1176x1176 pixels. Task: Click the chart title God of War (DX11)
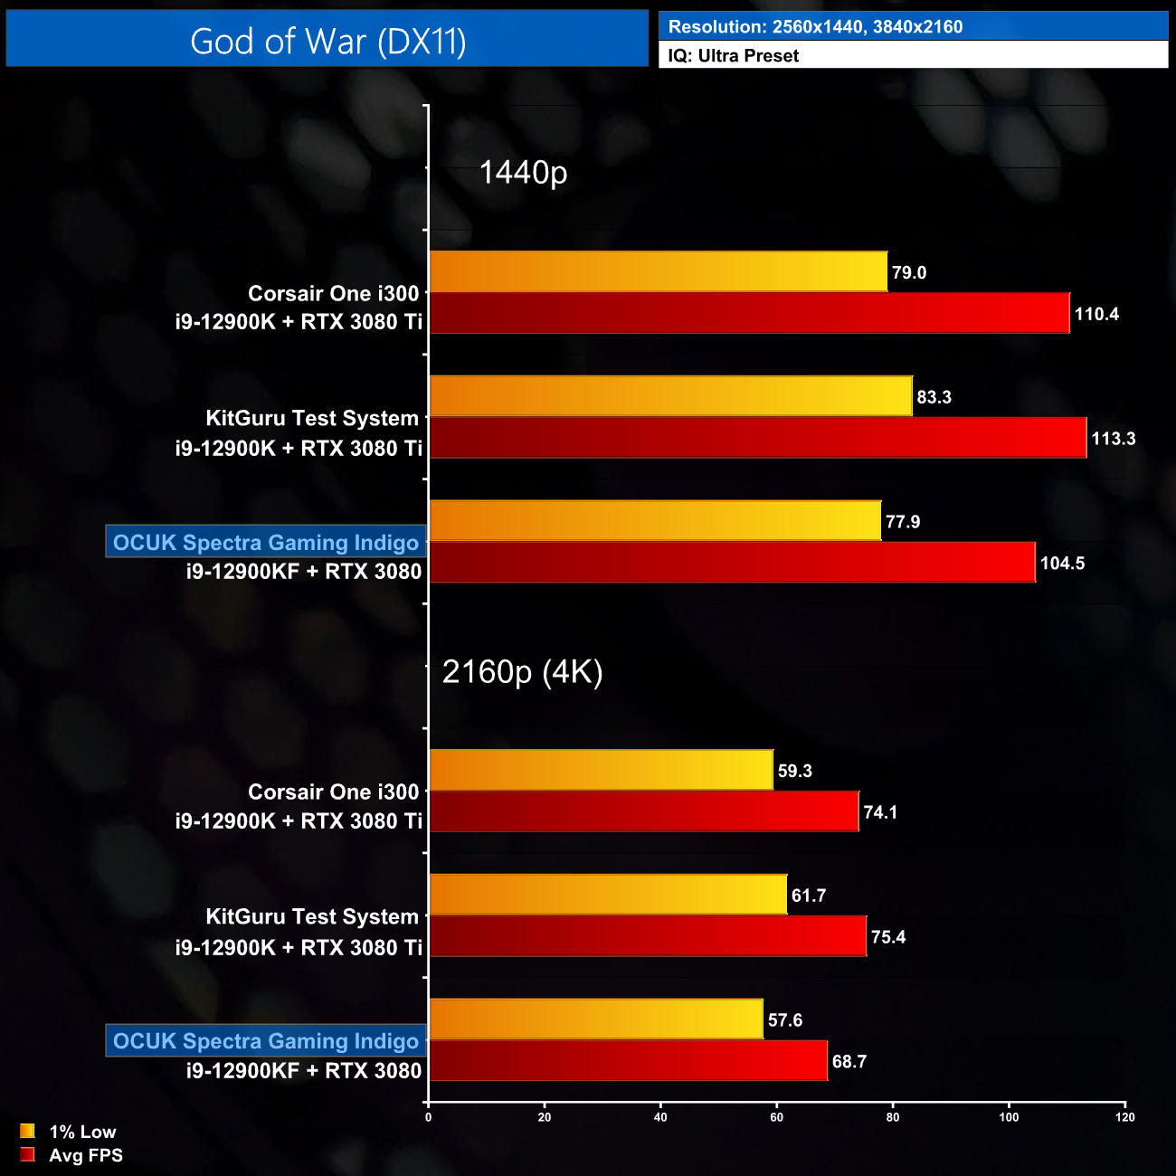coord(327,42)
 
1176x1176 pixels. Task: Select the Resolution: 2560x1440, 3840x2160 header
coord(815,27)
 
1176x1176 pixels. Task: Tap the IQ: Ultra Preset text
coord(733,56)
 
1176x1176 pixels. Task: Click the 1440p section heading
coord(523,172)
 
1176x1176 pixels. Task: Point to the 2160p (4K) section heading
coord(522,672)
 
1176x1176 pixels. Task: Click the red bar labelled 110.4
coord(749,313)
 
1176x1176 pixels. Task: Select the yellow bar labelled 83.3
coord(670,396)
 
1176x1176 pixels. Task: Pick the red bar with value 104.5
coord(732,563)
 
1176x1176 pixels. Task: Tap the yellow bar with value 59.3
coord(601,770)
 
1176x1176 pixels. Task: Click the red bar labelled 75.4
coord(647,936)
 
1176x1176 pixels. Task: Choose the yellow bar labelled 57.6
coord(596,1020)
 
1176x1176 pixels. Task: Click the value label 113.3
coord(1113,439)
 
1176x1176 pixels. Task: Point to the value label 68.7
coord(849,1062)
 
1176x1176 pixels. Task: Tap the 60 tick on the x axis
coord(776,1117)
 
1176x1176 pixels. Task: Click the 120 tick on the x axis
coord(1124,1117)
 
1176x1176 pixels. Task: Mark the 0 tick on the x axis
coord(428,1117)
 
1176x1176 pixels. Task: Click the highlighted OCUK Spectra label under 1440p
coord(266,542)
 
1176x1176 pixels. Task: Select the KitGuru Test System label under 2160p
coord(312,917)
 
